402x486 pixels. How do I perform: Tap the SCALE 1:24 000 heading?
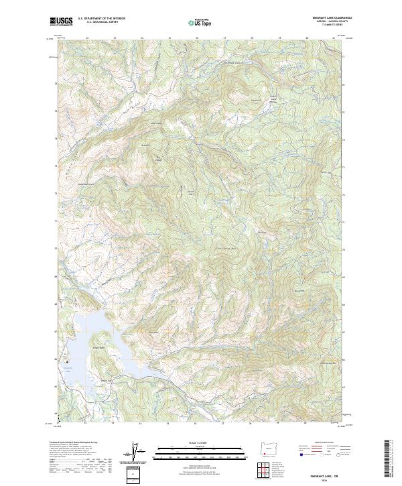pyautogui.click(x=200, y=442)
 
